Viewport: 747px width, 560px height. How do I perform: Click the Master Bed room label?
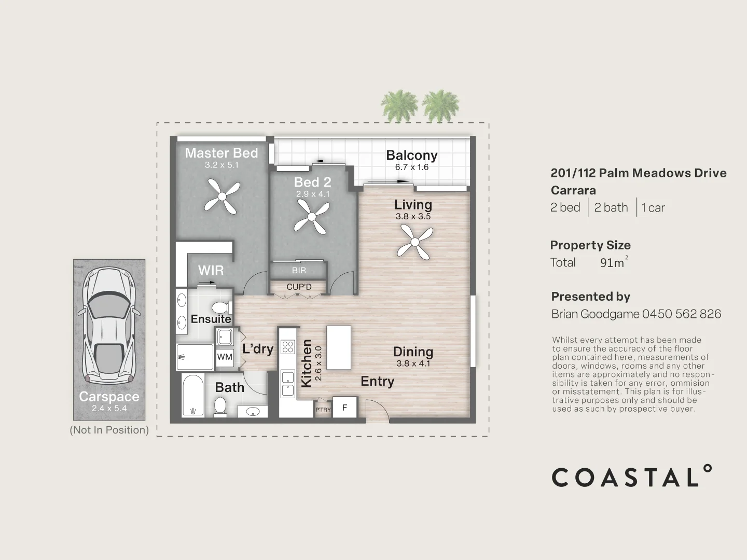pos(222,153)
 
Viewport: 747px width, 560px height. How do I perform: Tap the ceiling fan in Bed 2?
pos(312,216)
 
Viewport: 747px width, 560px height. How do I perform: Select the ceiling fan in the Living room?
pos(415,243)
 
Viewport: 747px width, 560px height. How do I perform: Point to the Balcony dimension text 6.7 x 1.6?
pos(412,167)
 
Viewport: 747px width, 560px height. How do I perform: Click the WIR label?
pos(211,270)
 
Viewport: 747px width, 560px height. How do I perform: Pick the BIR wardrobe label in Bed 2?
pos(299,271)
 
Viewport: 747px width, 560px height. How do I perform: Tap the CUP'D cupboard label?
pos(299,287)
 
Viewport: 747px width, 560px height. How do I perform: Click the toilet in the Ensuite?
pos(222,307)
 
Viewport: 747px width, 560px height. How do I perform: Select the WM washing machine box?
pos(225,357)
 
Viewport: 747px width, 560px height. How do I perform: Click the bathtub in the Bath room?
pos(193,395)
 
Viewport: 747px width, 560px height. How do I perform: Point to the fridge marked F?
pos(344,408)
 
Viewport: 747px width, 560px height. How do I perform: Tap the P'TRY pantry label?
pos(323,410)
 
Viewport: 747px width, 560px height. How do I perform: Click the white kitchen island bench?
pos(338,347)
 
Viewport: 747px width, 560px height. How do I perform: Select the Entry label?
pos(377,382)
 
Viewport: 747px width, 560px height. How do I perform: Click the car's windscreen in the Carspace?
pos(109,305)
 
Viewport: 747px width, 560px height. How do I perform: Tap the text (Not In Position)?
pos(109,430)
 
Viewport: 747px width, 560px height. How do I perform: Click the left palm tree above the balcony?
pos(399,105)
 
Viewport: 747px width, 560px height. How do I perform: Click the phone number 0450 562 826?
pos(682,314)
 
